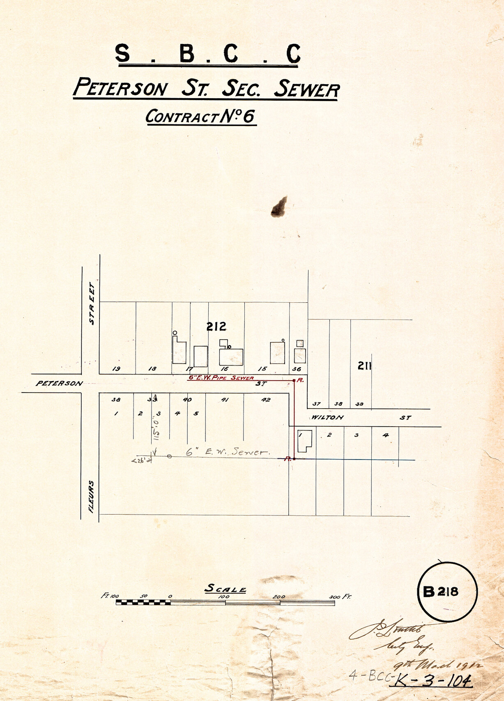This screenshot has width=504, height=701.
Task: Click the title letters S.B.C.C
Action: (207, 54)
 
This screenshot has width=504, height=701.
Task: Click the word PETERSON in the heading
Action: (121, 88)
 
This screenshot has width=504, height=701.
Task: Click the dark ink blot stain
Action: (279, 207)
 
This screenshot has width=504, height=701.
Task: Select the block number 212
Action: (216, 326)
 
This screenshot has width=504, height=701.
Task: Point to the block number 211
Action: (364, 365)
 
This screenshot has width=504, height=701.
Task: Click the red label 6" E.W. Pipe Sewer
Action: (221, 377)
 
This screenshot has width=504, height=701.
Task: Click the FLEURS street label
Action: (91, 496)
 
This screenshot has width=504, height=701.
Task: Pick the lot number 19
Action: (116, 369)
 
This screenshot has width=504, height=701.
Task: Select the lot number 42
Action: (266, 400)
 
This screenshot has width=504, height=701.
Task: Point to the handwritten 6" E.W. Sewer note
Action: (228, 452)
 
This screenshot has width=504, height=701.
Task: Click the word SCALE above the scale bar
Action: (226, 589)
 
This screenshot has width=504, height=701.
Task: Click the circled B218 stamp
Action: (447, 591)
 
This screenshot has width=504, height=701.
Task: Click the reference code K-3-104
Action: (432, 682)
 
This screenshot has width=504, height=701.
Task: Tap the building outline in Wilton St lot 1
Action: (304, 441)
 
